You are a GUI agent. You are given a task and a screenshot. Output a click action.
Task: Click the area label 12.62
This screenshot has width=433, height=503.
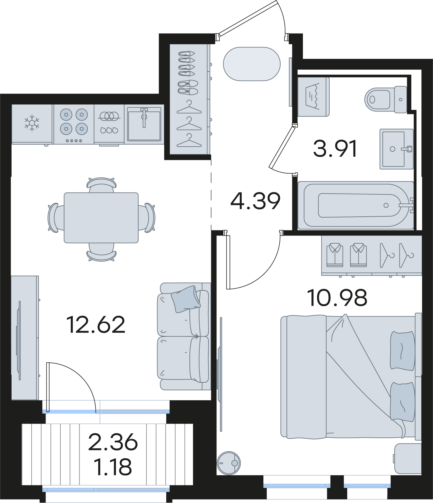click(96, 325)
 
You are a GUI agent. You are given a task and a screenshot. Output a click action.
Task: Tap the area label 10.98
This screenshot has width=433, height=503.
click(337, 298)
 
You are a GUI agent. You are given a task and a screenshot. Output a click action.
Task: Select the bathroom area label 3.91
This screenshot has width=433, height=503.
click(335, 149)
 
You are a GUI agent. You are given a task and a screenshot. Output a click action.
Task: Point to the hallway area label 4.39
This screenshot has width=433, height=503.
click(255, 201)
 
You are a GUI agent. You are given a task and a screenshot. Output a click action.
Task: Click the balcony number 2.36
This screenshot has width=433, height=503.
click(113, 442)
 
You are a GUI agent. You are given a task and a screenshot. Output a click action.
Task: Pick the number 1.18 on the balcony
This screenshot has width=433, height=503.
click(113, 467)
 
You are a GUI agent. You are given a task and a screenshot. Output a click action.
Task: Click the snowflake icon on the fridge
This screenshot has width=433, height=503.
click(32, 123)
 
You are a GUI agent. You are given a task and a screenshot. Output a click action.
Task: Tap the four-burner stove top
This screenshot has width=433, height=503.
click(74, 124)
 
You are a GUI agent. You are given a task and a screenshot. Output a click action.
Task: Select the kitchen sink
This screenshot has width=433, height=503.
click(144, 124)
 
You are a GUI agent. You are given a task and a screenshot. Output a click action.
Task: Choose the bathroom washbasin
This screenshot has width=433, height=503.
click(397, 149)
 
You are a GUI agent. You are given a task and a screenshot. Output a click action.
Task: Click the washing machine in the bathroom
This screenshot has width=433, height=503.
click(313, 97)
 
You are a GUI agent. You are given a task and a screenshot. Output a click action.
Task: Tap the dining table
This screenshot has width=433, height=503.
click(101, 218)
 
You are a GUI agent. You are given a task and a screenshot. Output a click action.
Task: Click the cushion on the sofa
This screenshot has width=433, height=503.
click(186, 299)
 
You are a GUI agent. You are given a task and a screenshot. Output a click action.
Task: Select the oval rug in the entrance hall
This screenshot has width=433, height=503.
click(251, 64)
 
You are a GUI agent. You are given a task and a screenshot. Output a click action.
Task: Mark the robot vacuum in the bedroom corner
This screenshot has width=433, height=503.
click(229, 463)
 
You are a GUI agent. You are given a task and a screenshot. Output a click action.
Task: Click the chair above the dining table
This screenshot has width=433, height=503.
click(101, 185)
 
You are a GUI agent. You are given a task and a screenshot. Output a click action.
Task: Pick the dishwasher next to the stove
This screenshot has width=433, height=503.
click(109, 125)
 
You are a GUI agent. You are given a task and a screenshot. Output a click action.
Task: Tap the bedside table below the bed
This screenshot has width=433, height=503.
click(408, 458)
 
